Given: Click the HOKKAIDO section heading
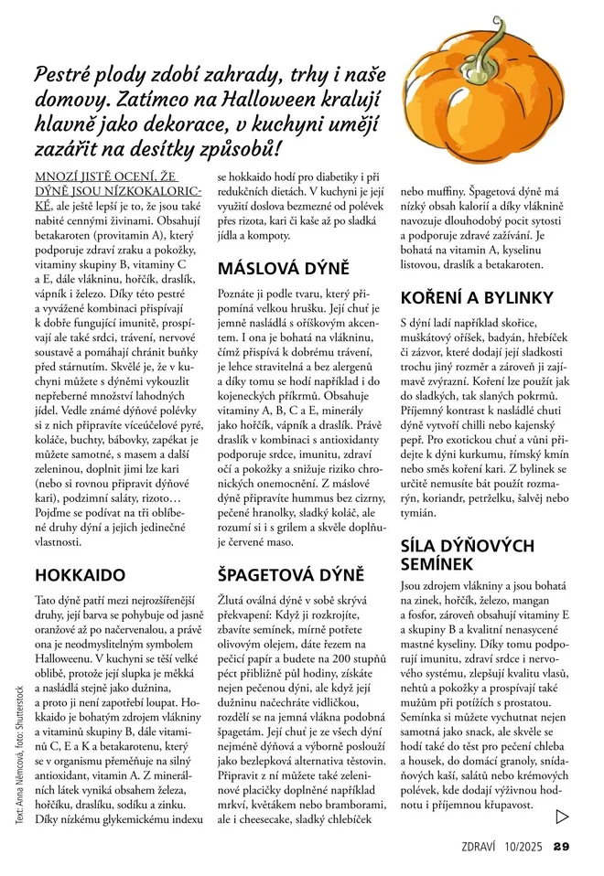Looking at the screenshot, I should pos(80,575).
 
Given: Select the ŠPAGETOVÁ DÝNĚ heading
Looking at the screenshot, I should pos(291,575).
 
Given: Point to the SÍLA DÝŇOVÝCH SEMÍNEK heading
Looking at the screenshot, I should pos(468,554).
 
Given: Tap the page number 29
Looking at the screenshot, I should pos(562,845).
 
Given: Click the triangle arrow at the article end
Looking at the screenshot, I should pos(562,816).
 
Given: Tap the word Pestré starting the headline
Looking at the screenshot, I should pos(65,75).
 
